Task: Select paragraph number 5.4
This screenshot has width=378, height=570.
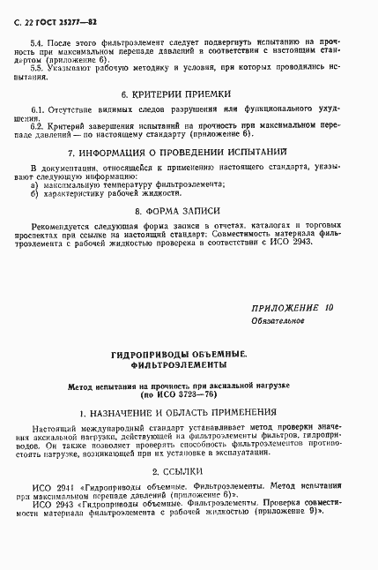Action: coord(36,41)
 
